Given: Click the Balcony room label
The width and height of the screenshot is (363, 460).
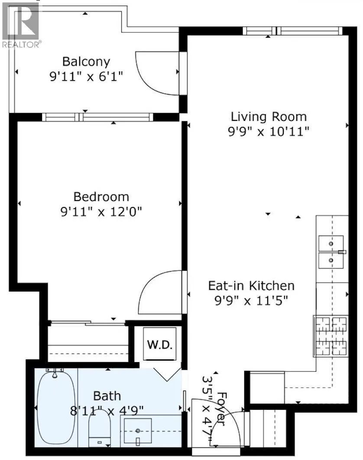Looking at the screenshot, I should pyautogui.click(x=86, y=62).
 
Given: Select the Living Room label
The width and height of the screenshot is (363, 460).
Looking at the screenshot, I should pyautogui.click(x=269, y=117).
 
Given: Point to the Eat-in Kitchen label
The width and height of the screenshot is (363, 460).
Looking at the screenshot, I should pyautogui.click(x=251, y=286).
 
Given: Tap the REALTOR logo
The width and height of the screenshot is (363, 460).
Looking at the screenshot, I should pyautogui.click(x=21, y=24).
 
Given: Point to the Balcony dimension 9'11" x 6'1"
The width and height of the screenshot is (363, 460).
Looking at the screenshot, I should pyautogui.click(x=86, y=77).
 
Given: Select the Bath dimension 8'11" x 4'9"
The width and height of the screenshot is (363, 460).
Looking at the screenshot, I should pyautogui.click(x=107, y=409).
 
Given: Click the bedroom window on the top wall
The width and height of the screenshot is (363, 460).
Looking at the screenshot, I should pyautogui.click(x=98, y=117).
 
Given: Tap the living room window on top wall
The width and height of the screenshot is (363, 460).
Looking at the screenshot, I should pyautogui.click(x=292, y=31).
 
